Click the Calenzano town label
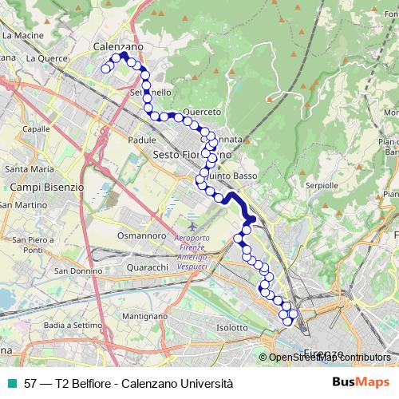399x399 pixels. pos(118,47)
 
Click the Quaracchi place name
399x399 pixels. pos(147,267)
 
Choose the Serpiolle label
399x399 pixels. pos(323,184)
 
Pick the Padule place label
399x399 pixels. pos(141,139)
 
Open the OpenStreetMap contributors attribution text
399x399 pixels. pos(330,358)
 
